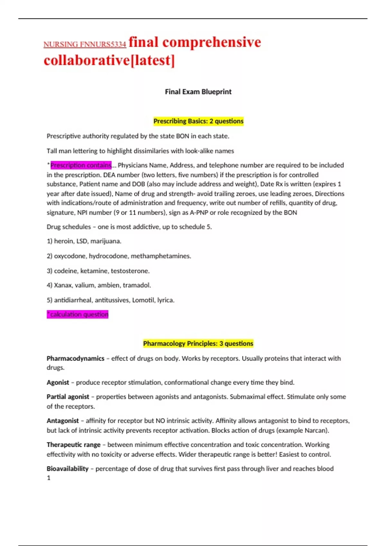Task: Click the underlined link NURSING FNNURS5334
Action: [85, 44]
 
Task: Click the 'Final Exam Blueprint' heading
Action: [198, 92]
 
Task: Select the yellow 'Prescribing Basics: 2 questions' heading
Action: [198, 121]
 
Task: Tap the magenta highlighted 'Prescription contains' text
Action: [81, 165]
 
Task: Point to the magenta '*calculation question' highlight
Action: [78, 314]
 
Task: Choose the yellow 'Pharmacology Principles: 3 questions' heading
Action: [198, 343]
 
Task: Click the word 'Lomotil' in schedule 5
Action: [143, 300]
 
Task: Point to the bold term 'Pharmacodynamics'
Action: [75, 358]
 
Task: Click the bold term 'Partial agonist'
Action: [68, 397]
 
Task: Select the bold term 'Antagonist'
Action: [63, 421]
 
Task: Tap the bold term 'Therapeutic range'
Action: [74, 445]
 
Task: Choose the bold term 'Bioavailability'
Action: [68, 469]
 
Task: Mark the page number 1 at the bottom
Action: [49, 478]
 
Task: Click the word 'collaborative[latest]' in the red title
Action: [109, 60]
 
